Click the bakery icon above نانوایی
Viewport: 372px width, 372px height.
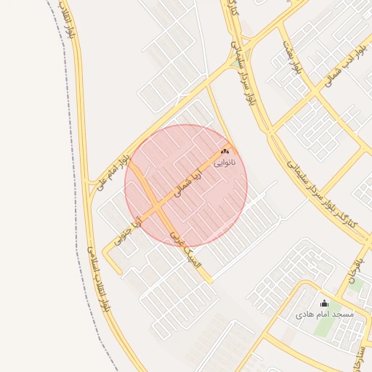click(x=225, y=152)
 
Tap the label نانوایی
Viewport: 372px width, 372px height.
click(x=225, y=163)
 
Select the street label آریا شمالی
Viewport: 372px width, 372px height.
click(x=187, y=185)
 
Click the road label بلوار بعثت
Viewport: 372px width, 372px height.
click(x=293, y=59)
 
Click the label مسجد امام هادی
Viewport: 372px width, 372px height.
click(x=324, y=315)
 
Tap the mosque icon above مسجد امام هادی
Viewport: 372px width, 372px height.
click(x=324, y=304)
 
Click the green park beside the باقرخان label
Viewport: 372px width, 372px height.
click(x=356, y=284)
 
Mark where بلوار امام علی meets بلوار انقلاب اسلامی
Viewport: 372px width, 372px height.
click(x=91, y=186)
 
